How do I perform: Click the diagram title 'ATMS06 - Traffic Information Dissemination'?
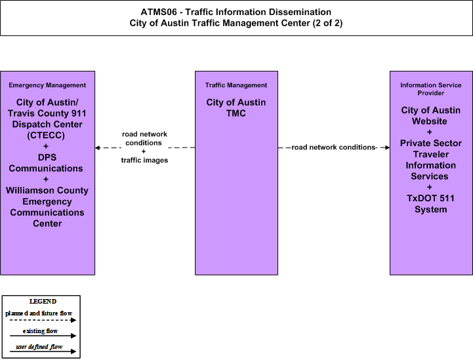point(236,12)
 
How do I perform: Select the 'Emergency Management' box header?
point(47,85)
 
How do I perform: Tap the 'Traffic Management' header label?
point(236,85)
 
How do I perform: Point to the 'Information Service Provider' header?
point(431,89)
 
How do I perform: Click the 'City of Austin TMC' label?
point(236,108)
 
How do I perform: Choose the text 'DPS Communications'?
point(46,163)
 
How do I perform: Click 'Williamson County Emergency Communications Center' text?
point(47,207)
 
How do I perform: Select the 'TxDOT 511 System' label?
point(430,204)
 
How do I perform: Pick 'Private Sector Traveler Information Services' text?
point(431,159)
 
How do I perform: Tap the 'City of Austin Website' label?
point(431,115)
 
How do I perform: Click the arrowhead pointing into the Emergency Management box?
point(98,148)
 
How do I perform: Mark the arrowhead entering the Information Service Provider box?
point(387,148)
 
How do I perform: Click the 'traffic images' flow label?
point(144,160)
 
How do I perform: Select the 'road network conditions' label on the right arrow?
point(333,147)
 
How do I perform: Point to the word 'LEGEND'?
point(43,302)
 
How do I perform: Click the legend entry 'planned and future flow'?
point(39,313)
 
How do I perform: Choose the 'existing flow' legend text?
point(40,331)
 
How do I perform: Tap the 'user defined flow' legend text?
point(39,347)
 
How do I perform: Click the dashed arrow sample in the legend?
point(43,320)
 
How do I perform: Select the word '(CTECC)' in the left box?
point(46,135)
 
